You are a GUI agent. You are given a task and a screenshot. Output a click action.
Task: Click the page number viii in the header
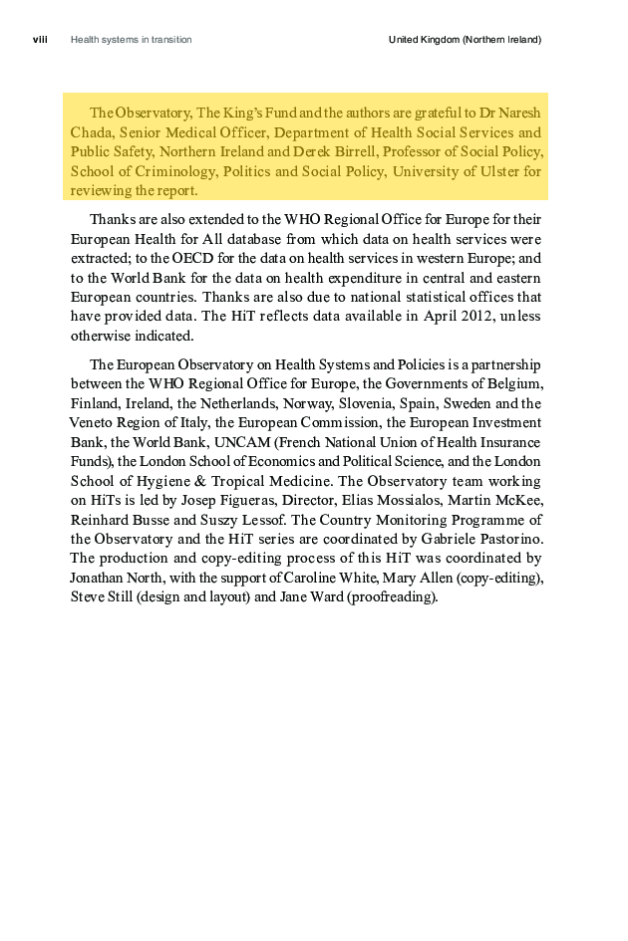coord(41,40)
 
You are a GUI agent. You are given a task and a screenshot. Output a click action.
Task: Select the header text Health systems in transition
coord(132,40)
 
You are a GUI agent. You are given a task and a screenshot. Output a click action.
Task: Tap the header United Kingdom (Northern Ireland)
coord(465,40)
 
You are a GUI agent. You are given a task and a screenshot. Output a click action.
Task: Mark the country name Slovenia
coord(401,403)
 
